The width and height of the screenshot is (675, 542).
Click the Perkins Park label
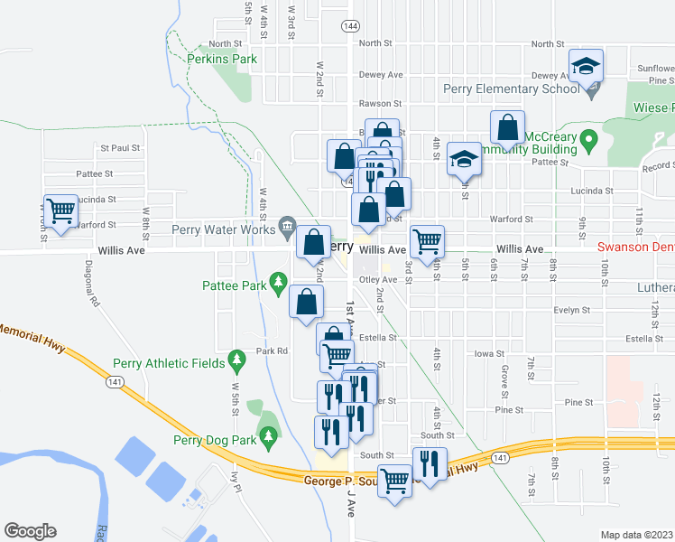222,60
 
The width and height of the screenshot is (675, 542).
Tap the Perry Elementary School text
510,89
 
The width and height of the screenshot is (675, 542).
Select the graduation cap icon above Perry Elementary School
585,65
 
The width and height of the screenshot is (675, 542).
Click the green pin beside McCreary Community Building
589,140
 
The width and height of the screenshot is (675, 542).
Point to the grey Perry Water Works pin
287,225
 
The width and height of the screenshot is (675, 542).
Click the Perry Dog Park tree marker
268,436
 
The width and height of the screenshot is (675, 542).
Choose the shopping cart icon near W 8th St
60,211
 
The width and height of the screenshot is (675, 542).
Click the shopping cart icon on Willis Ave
427,241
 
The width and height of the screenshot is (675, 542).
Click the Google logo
30,531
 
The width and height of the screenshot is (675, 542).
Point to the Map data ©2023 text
636,535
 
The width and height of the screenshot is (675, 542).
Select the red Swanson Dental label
635,247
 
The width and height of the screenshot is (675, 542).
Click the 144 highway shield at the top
350,27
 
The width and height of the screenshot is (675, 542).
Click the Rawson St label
374,103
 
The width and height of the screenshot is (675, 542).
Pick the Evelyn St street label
571,309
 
